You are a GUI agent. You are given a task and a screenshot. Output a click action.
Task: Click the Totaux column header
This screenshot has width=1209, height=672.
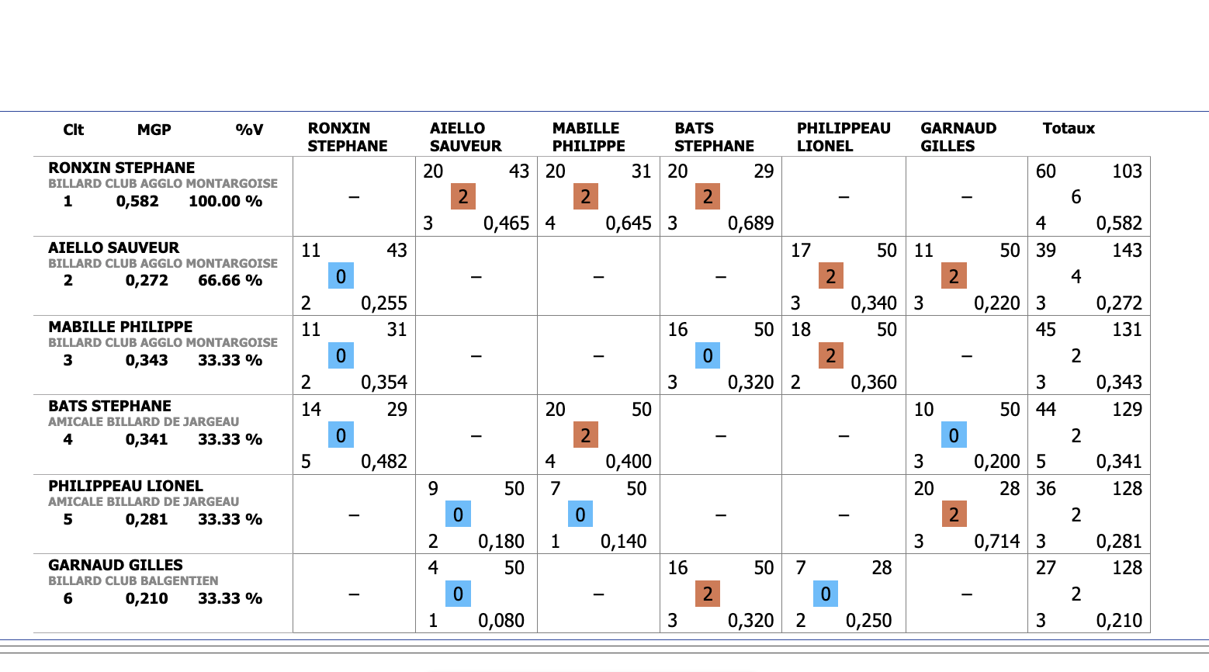point(1068,129)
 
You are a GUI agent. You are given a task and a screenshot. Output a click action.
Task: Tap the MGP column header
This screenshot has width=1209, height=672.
point(154,130)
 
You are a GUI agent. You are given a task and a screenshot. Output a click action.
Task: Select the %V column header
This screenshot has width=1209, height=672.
point(249,130)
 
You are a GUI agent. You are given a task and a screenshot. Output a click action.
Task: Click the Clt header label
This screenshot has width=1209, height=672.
point(73,130)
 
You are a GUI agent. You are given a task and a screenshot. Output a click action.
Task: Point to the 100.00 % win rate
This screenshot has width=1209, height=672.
point(225,202)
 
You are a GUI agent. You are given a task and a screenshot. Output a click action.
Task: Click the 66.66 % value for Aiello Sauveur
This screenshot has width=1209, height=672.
point(230,281)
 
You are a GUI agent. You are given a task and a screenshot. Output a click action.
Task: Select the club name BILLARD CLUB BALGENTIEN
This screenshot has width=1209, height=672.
point(133,581)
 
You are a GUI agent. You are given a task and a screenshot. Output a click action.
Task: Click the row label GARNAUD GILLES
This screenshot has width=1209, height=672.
point(116,565)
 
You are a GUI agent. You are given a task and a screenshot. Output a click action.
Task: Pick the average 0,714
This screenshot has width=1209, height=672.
point(996,541)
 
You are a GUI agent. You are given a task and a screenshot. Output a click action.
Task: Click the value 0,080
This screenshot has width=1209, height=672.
point(501,621)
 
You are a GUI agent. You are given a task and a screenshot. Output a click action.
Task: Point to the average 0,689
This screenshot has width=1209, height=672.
point(750,223)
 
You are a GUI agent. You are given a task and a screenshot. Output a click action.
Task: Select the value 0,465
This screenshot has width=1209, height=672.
point(506,223)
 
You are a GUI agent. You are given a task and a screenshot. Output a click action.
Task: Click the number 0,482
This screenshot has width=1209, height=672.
point(384,462)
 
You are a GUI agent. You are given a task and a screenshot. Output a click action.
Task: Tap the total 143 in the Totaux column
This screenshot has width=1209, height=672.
point(1127,251)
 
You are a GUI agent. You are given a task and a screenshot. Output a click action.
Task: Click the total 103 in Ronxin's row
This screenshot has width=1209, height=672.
point(1127,171)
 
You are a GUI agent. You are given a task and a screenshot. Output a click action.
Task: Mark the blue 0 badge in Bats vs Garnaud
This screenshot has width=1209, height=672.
point(954,435)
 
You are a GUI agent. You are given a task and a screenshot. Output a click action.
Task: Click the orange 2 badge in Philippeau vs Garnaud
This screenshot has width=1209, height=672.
point(954,514)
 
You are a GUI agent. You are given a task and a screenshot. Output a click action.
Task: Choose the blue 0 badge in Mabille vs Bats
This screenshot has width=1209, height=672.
point(708,356)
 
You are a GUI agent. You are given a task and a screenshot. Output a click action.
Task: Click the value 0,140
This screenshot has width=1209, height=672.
point(623,541)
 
